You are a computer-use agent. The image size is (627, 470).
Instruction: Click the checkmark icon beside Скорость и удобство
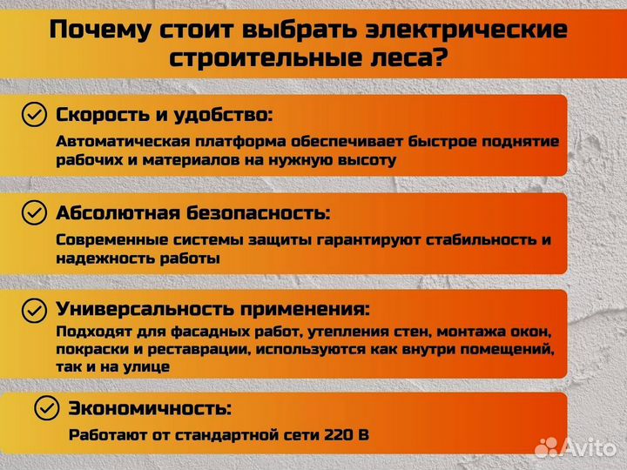[34, 114]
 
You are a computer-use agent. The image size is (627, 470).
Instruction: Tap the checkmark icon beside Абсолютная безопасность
[34, 212]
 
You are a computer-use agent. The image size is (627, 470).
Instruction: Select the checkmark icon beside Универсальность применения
[34, 309]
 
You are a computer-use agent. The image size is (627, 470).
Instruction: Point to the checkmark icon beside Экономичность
[46, 407]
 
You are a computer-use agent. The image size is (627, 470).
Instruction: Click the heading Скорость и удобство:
[165, 114]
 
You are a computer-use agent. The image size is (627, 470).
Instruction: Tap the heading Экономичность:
[150, 407]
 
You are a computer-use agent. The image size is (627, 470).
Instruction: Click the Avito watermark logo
[576, 446]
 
